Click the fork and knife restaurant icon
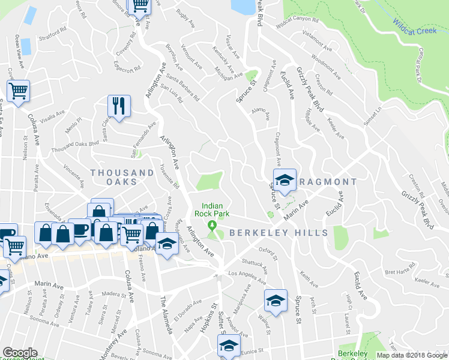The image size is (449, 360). [x=119, y=106]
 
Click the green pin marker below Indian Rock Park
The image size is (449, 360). [x=211, y=226]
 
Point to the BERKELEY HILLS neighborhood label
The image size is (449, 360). [x=278, y=233]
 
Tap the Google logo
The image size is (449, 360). [x=19, y=353]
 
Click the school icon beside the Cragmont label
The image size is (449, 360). [x=285, y=179]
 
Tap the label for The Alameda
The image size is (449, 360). [x=166, y=314]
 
